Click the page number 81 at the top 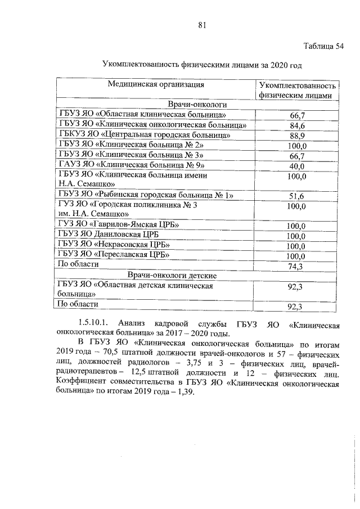tap(202, 25)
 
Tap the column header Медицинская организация tap(156, 85)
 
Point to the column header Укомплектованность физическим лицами tap(298, 91)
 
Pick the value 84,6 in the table tap(297, 125)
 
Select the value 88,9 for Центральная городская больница tap(297, 136)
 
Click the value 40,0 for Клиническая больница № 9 tap(297, 166)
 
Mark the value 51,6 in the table tap(297, 196)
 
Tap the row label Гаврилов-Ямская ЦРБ tap(119, 225)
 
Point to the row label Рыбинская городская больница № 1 tap(146, 195)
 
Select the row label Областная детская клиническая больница tap(135, 289)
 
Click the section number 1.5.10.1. tap(97, 325)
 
